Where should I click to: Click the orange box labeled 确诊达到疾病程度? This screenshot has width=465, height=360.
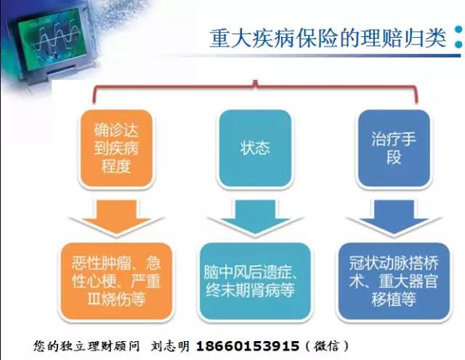coord(116,148)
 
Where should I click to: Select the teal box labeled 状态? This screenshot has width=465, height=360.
coord(255,148)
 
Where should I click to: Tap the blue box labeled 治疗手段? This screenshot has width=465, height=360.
coord(394,148)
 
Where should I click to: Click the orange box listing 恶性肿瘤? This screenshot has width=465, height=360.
coord(116,281)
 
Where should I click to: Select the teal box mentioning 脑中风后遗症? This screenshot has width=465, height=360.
coord(255,281)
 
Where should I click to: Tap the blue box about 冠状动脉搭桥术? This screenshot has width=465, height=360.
coord(394,281)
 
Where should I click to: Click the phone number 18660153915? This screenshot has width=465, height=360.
coord(248,346)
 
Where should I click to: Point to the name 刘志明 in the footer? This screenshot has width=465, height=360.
coord(170,346)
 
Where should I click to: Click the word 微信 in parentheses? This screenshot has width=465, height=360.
coord(327,346)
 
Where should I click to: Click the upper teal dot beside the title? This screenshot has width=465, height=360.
coord(459,30)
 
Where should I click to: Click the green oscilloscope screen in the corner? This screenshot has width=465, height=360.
coord(52,39)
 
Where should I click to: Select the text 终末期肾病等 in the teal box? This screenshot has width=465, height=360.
coord(250,290)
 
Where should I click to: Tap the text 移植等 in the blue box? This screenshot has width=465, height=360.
coord(394,299)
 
